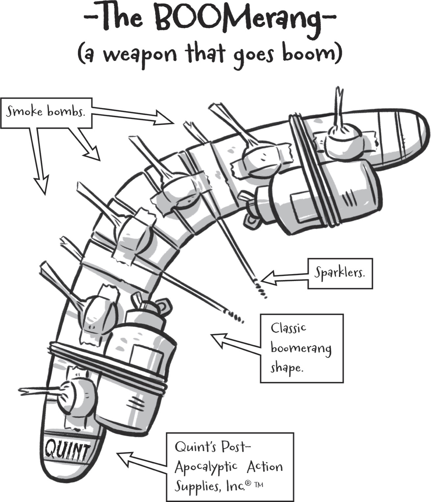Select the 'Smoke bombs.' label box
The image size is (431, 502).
pyautogui.click(x=46, y=113)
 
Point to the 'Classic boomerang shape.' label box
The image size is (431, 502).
pyautogui.click(x=302, y=348)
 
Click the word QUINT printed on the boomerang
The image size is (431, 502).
pyautogui.click(x=67, y=451)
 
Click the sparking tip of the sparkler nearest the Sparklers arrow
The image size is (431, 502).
pyautogui.click(x=262, y=289)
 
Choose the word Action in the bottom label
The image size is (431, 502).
pyautogui.click(x=265, y=466)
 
